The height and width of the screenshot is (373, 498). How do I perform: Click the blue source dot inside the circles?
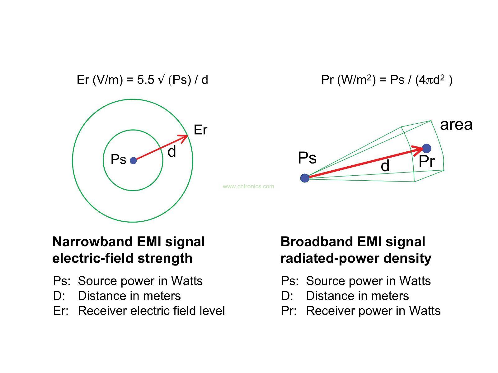tap(133, 160)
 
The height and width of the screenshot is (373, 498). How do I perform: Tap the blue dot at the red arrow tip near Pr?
tap(426, 149)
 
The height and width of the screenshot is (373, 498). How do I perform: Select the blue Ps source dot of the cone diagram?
tap(305, 178)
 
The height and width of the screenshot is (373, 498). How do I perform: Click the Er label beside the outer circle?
tap(200, 130)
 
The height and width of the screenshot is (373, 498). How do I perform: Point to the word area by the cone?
tap(456, 125)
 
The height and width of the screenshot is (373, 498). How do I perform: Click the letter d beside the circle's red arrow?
tap(172, 152)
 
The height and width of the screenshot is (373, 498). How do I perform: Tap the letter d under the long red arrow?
tap(385, 166)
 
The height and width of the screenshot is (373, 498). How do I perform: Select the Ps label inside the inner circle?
tap(118, 159)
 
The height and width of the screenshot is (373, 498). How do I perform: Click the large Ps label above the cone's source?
tap(307, 158)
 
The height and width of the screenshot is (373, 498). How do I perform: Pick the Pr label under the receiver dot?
tap(426, 162)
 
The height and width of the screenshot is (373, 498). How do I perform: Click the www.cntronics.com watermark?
tap(248, 186)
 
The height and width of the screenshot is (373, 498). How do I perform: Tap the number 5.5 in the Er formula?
tap(145, 80)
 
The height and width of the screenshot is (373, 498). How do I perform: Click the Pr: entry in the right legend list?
tap(289, 311)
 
